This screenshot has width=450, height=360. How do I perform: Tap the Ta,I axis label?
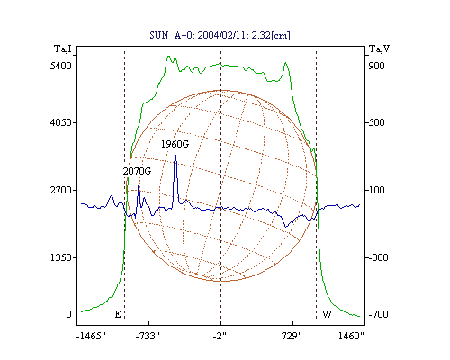(x=63, y=49)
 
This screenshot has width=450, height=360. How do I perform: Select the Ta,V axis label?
(x=379, y=49)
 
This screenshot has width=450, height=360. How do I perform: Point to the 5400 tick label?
(x=61, y=66)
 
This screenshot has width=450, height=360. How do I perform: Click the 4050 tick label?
(x=61, y=122)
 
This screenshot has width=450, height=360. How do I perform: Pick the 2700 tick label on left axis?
(x=61, y=190)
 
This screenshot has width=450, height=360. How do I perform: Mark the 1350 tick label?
(x=61, y=257)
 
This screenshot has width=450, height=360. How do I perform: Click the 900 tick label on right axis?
(x=376, y=66)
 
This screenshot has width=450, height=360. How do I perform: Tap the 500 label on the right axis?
(x=376, y=122)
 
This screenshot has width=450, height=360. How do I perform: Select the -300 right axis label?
(x=378, y=257)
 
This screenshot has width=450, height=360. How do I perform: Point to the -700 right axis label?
(x=378, y=314)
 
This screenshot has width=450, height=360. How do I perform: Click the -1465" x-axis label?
(x=91, y=336)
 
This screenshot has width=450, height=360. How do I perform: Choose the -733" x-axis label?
(x=148, y=336)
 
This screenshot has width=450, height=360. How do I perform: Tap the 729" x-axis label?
(x=292, y=336)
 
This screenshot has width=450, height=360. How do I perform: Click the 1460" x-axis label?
(x=351, y=336)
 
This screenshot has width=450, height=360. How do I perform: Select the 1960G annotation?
(x=175, y=144)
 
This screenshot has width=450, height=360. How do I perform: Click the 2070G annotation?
(x=137, y=171)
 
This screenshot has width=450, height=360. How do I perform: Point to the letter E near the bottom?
(x=118, y=314)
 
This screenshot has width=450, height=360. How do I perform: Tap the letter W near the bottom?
(x=327, y=314)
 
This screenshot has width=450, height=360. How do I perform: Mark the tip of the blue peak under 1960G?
(x=175, y=155)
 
